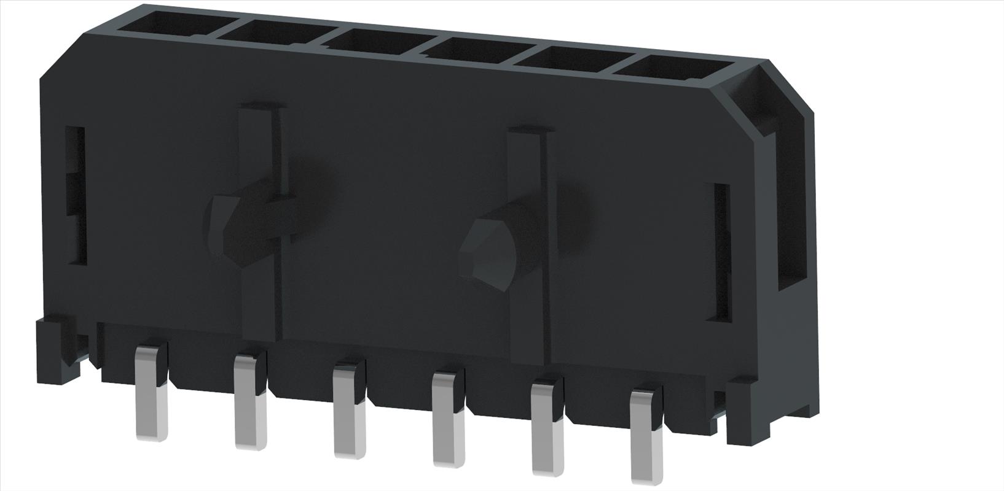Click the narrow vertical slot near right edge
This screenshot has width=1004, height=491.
click(x=720, y=252)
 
